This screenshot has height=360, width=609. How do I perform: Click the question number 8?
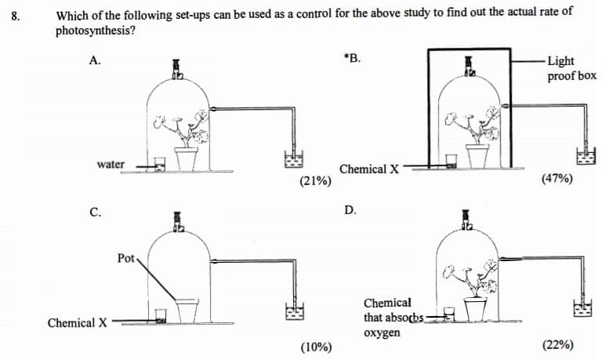click(15, 16)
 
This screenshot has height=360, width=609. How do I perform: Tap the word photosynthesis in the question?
click(95, 31)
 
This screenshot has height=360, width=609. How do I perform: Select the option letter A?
click(95, 60)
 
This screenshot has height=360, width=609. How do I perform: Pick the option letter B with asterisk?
click(352, 58)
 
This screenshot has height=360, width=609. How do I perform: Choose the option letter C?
click(95, 213)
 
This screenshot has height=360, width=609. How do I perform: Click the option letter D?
click(350, 210)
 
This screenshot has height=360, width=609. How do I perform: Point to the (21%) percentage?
click(315, 181)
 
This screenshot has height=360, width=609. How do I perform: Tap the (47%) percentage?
click(557, 179)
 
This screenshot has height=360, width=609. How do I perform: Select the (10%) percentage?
click(316, 347)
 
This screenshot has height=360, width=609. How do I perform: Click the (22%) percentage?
click(558, 345)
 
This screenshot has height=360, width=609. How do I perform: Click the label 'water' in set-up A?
click(111, 165)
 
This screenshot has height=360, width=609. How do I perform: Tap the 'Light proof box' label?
click(571, 68)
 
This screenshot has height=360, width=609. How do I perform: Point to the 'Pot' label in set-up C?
click(125, 258)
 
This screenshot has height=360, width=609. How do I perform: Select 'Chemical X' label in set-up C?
click(78, 323)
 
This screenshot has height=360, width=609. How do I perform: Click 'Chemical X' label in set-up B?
click(369, 169)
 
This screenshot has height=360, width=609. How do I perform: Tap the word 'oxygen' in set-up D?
click(382, 333)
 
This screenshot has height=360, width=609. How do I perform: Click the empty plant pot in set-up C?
click(187, 311)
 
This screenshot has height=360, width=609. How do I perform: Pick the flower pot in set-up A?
click(186, 158)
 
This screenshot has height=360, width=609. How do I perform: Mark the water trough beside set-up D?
click(582, 308)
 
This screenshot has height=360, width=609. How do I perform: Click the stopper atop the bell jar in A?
click(177, 69)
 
